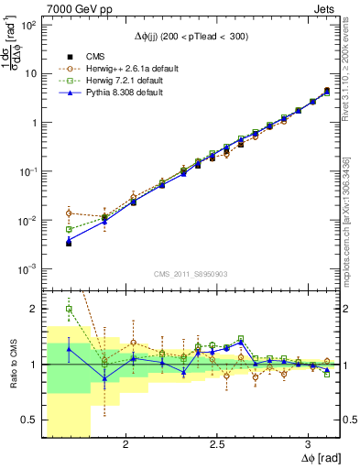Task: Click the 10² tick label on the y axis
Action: tap(27, 25)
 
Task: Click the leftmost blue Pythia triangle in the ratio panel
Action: tap(69, 349)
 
